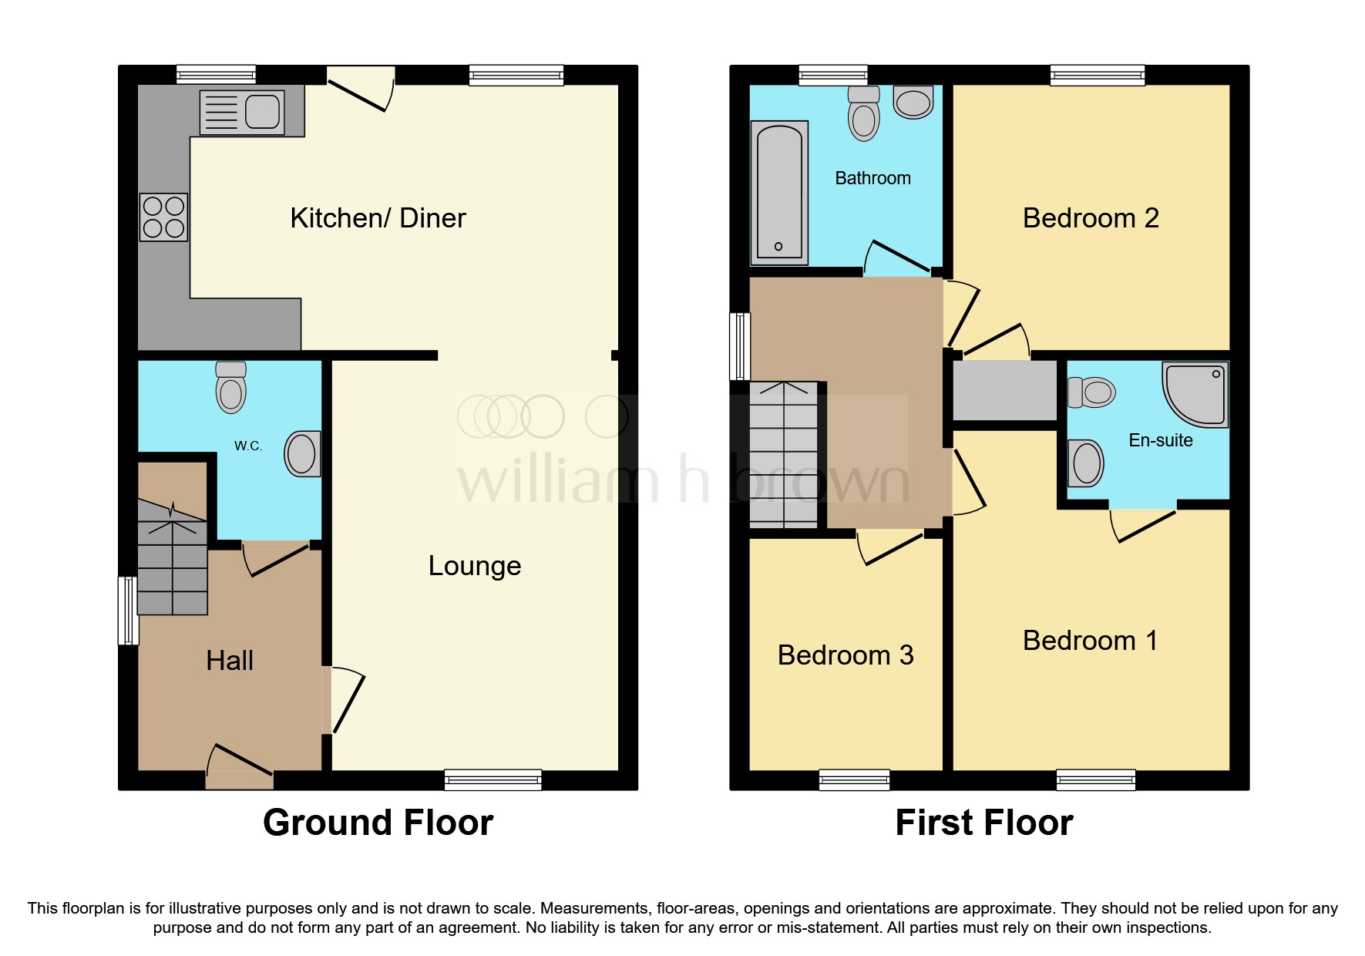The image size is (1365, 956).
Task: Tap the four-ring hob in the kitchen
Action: tap(163, 217)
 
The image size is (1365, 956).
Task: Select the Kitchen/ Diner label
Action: tap(378, 218)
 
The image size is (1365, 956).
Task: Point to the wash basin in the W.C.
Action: tap(302, 454)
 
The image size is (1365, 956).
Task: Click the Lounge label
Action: tap(475, 566)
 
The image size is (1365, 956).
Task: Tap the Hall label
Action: tap(230, 661)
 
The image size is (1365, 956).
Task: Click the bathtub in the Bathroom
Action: tap(779, 193)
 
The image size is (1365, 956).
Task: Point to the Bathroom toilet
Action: tap(863, 114)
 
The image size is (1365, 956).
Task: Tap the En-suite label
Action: tap(1160, 440)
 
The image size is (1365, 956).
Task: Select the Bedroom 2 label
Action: tap(1090, 218)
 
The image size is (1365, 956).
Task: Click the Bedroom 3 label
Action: tap(846, 655)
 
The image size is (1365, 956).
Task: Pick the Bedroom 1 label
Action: tap(1090, 641)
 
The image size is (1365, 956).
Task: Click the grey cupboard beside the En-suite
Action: tap(1004, 390)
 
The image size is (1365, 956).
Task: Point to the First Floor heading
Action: tap(983, 823)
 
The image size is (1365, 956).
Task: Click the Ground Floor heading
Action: tap(378, 823)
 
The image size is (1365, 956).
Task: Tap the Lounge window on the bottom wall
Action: tap(493, 779)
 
